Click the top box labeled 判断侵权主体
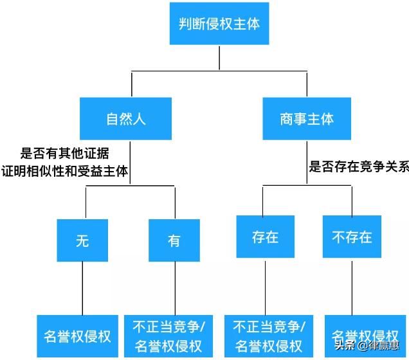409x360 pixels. [219, 24]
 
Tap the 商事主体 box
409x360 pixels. [307, 119]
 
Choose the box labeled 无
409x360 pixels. [82, 240]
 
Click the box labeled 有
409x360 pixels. [174, 240]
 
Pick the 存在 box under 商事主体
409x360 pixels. [265, 237]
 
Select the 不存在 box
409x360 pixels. [352, 237]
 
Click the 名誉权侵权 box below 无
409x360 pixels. [77, 336]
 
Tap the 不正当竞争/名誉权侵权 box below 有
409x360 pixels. [168, 336]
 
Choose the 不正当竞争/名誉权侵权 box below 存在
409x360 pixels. [269, 336]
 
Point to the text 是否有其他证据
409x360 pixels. [64, 153]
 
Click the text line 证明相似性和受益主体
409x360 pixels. [64, 170]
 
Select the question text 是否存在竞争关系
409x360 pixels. [358, 167]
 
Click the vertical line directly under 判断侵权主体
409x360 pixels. [219, 57]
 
